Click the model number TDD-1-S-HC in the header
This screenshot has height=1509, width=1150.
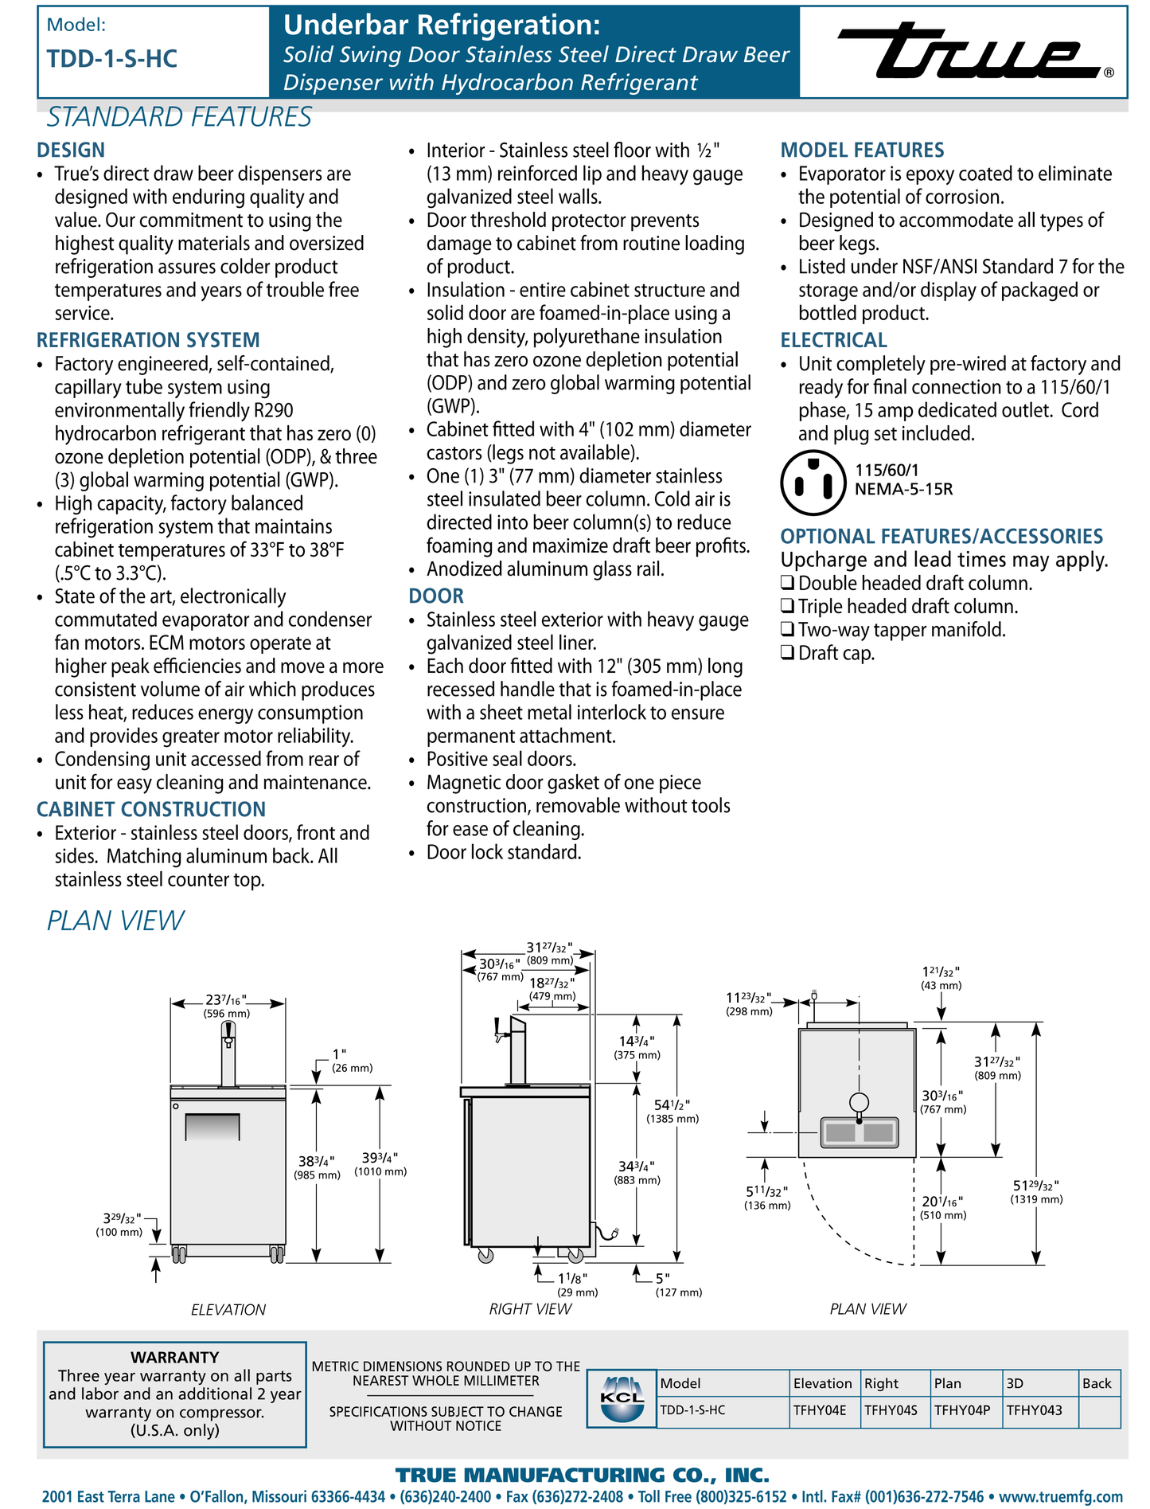(112, 59)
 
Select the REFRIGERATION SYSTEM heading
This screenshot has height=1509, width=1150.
(148, 340)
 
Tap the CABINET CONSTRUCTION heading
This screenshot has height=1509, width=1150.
(151, 809)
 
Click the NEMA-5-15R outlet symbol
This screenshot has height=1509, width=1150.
(813, 483)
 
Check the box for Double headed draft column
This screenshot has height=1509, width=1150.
(787, 584)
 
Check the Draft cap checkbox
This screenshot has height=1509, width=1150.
(787, 653)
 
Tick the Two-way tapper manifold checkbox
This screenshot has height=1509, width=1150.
(787, 630)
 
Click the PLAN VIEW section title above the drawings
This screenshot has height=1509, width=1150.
(115, 921)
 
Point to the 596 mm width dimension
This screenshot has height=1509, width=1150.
(227, 1014)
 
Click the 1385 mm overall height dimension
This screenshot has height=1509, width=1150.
(672, 1118)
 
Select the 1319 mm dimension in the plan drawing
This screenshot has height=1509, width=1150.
(1036, 1199)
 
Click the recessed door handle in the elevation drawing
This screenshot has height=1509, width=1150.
(212, 1128)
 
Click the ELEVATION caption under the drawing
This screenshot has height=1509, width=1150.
(228, 1309)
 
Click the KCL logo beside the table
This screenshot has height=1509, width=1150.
(622, 1399)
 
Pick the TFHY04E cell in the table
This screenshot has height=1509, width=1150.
(820, 1410)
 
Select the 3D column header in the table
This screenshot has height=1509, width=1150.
(1015, 1383)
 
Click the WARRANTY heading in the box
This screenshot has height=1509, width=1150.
(174, 1357)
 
